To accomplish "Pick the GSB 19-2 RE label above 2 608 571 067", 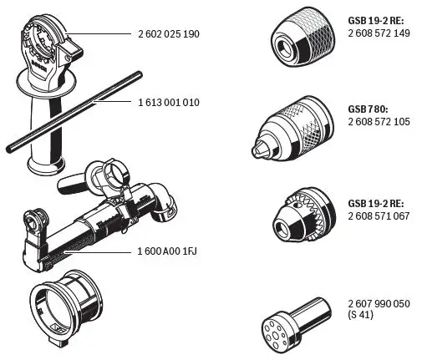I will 374,202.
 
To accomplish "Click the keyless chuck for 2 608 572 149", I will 297,38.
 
